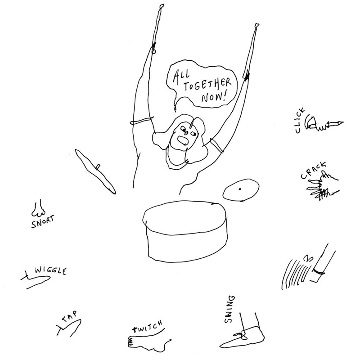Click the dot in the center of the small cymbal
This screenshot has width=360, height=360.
240,189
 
